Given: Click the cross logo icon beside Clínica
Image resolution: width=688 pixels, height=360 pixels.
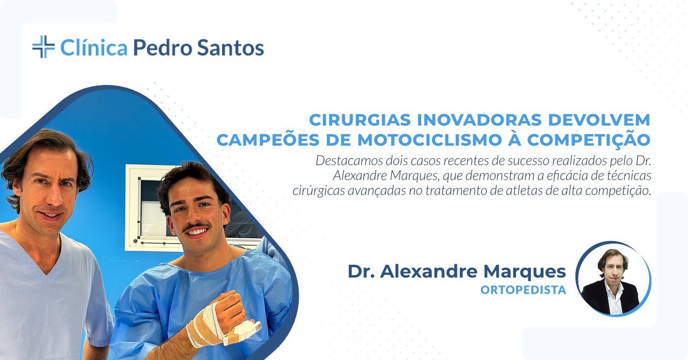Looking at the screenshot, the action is point(44,47).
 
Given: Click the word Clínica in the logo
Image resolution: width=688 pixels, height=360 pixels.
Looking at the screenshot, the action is point(94,48).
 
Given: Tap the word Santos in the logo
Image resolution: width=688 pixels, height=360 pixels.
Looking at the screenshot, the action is point(230,48).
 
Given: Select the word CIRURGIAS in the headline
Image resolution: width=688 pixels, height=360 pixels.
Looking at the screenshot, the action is point(360,120).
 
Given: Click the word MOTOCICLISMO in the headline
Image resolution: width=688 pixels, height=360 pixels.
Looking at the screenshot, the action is point(430,140).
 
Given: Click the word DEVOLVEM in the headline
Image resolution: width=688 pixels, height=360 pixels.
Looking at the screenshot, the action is point(599,120).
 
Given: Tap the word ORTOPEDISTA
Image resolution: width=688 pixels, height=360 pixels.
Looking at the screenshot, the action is point(523,290).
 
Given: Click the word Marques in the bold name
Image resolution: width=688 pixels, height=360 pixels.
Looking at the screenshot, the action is point(524,272).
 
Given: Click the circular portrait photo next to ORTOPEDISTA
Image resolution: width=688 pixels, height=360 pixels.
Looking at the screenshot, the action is point(613,279).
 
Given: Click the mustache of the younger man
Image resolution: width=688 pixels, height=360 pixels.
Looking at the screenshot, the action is point(197,227).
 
